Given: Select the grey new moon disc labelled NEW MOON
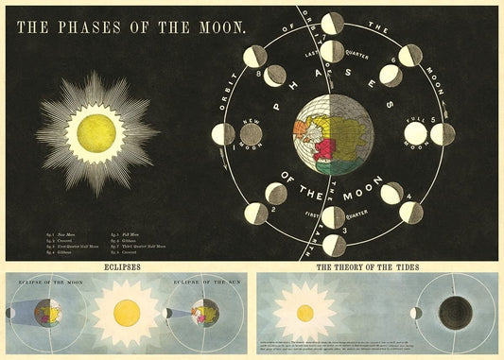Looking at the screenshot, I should (251, 134).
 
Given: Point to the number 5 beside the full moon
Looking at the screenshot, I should (433, 119).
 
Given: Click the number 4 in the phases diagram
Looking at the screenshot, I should (408, 198).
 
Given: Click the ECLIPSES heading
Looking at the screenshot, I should (123, 267).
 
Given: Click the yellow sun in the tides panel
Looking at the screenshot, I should (305, 313).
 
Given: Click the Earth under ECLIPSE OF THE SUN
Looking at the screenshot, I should (200, 312).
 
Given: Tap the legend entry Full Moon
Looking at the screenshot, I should (132, 231).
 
